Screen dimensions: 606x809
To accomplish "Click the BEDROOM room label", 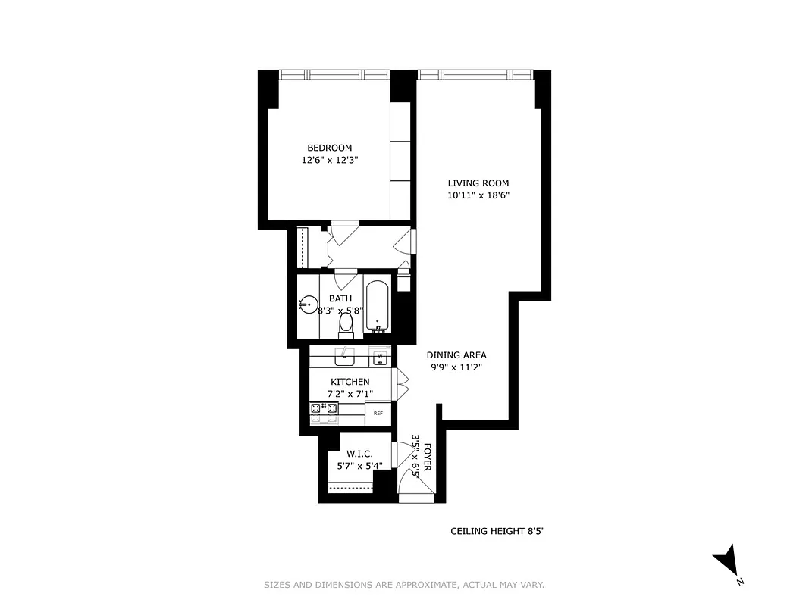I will point(329,148).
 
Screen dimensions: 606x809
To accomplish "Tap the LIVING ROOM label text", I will point(478,183).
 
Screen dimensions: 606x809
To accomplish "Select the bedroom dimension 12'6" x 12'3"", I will point(329,160).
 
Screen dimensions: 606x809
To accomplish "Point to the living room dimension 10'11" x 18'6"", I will point(478,195).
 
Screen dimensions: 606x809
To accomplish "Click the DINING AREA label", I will point(456,355).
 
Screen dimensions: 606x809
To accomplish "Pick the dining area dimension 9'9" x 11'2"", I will point(456,367).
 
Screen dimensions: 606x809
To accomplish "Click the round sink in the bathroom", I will point(308,305).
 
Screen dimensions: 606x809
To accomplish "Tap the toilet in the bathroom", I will point(346,323).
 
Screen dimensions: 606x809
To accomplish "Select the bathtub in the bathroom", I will point(378,306).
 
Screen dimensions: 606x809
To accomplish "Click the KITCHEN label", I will point(350,382).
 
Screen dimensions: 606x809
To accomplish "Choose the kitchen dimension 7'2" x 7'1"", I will point(350,394).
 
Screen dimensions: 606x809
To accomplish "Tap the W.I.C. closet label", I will point(359,454).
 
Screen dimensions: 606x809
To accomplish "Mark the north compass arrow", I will point(726,561).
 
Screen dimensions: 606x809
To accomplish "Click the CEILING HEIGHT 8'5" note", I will point(497,532).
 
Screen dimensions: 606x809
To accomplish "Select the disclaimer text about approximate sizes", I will point(404,585).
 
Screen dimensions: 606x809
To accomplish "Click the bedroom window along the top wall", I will point(334,74).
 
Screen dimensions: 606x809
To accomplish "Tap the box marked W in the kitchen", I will point(380,355).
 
